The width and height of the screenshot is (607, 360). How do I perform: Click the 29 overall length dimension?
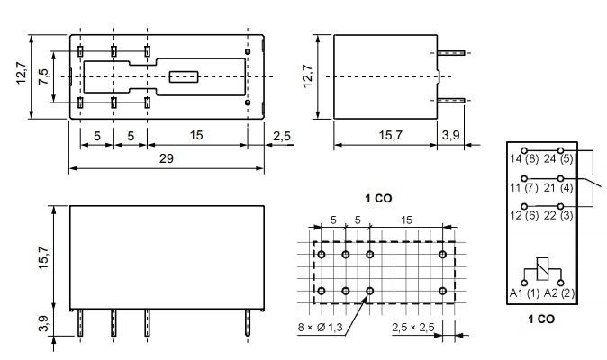pyautogui.click(x=167, y=158)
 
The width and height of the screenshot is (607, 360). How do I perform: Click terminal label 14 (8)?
pyautogui.click(x=525, y=159)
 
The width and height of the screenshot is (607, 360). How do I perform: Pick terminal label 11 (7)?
pyautogui.click(x=525, y=187)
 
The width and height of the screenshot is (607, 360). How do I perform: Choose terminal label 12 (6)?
pyautogui.click(x=525, y=217)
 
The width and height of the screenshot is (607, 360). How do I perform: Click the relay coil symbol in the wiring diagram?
pyautogui.click(x=542, y=268)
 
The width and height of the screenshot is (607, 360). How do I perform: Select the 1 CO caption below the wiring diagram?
pyautogui.click(x=540, y=318)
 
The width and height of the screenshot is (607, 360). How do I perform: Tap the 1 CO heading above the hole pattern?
pyautogui.click(x=378, y=197)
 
